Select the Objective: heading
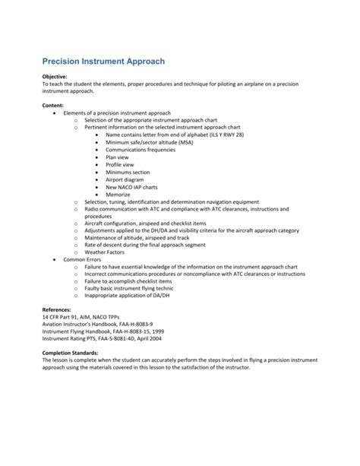pyautogui.click(x=57, y=77)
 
